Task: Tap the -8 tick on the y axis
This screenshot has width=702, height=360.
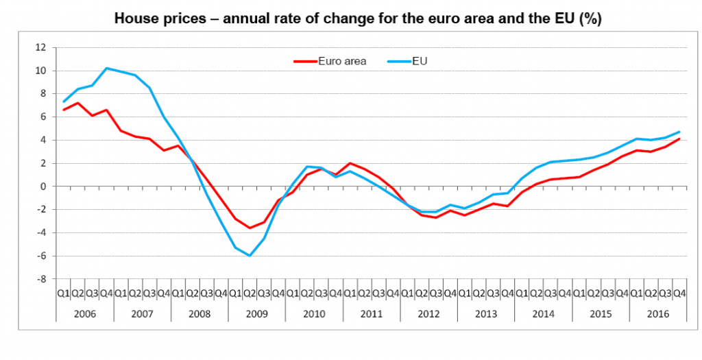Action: (x=42, y=279)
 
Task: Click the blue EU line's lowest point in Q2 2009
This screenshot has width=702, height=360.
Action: (x=250, y=256)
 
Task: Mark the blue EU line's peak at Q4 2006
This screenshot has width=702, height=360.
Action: (x=106, y=68)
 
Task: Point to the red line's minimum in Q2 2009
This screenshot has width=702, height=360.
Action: (x=250, y=228)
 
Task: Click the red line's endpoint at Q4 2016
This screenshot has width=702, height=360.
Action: (x=679, y=139)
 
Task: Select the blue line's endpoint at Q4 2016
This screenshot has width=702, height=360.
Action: (x=679, y=132)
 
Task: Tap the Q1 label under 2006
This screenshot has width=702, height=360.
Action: (x=63, y=293)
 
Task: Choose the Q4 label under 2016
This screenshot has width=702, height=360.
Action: (x=679, y=293)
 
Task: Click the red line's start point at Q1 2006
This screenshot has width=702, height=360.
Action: (x=63, y=110)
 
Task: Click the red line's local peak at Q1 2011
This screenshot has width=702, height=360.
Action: (x=350, y=163)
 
